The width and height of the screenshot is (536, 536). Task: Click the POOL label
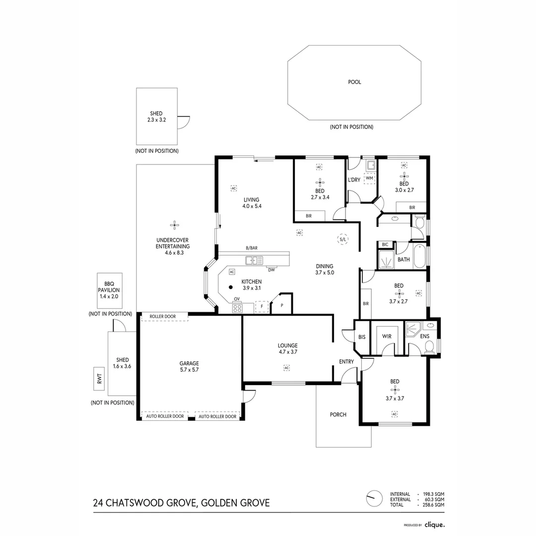click(x=354, y=82)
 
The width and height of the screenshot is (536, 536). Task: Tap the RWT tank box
click(x=99, y=379)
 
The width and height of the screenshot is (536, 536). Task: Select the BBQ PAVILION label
click(x=109, y=287)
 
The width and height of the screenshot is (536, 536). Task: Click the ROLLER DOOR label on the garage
click(x=163, y=317)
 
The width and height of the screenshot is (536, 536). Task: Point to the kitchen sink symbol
click(x=254, y=261)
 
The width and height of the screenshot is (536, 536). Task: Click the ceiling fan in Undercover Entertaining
click(x=174, y=225)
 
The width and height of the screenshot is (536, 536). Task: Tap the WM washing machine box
click(x=370, y=178)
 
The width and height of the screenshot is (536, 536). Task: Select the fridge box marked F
click(x=262, y=307)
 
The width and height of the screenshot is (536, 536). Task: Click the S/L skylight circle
click(x=343, y=239)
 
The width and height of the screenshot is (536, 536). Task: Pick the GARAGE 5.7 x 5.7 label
click(x=189, y=366)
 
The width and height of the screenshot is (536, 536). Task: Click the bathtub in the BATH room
click(x=419, y=257)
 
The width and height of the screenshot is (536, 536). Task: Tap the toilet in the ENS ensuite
click(x=429, y=347)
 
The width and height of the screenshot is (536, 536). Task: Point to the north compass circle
click(x=374, y=499)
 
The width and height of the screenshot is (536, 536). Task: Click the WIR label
click(x=387, y=336)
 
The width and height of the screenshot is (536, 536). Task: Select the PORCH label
click(x=338, y=414)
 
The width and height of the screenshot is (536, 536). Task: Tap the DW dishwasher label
click(x=271, y=270)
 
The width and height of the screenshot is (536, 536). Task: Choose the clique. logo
click(x=434, y=525)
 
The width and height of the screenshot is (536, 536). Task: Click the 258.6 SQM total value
click(x=433, y=505)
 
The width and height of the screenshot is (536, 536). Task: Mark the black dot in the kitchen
click(x=231, y=287)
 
